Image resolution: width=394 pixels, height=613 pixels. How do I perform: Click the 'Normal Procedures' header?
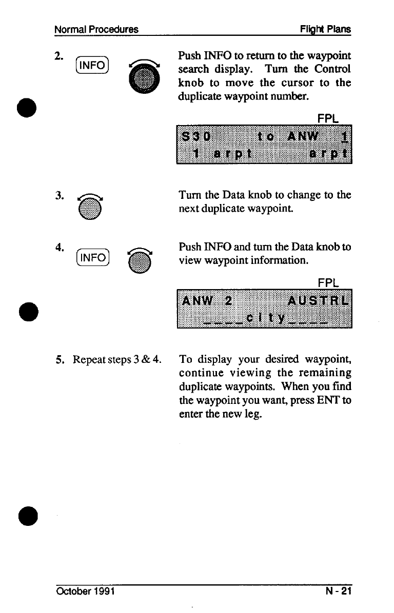96,29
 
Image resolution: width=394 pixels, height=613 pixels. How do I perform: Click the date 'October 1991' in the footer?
85,591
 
